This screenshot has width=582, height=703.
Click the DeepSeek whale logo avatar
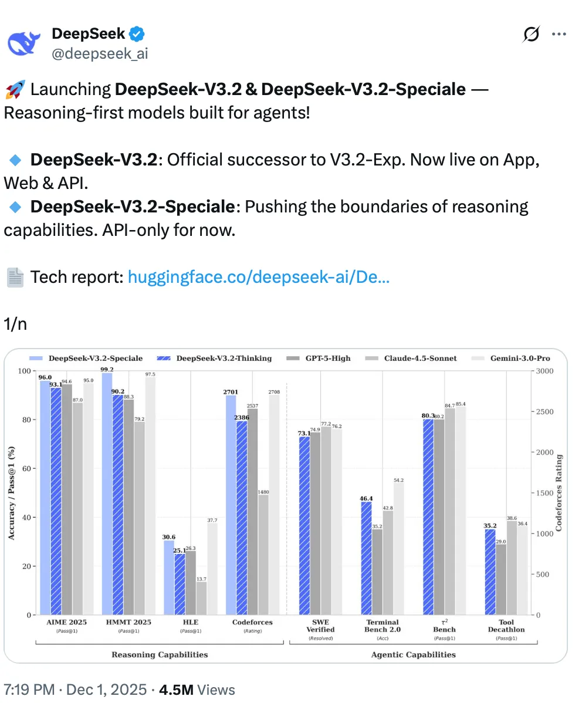point(23,43)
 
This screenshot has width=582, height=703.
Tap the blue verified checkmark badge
point(137,34)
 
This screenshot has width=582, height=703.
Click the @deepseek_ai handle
point(100,53)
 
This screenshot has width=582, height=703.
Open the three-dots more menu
point(559,35)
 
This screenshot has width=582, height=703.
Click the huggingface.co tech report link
point(258,277)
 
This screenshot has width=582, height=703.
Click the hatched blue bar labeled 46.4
point(366,558)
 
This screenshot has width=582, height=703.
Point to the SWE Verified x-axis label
point(320,626)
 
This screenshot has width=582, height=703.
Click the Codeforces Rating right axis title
point(559,493)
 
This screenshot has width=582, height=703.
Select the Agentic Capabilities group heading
point(414,654)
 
